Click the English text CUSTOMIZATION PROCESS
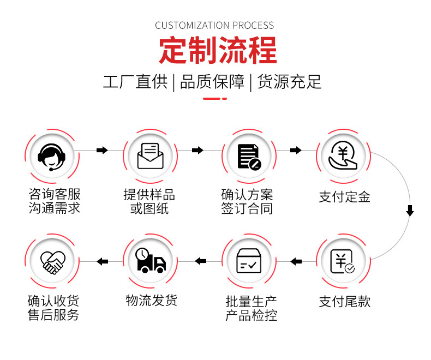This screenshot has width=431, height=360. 214,25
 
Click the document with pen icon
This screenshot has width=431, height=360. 249,155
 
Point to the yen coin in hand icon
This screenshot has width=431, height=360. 343,155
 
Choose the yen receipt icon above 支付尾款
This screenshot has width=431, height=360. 344,260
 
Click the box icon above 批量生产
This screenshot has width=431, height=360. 249,261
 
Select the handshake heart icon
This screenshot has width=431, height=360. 53,261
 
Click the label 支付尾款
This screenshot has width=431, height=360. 344,302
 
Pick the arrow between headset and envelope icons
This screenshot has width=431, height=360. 102,150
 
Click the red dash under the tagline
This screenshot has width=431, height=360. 215,99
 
